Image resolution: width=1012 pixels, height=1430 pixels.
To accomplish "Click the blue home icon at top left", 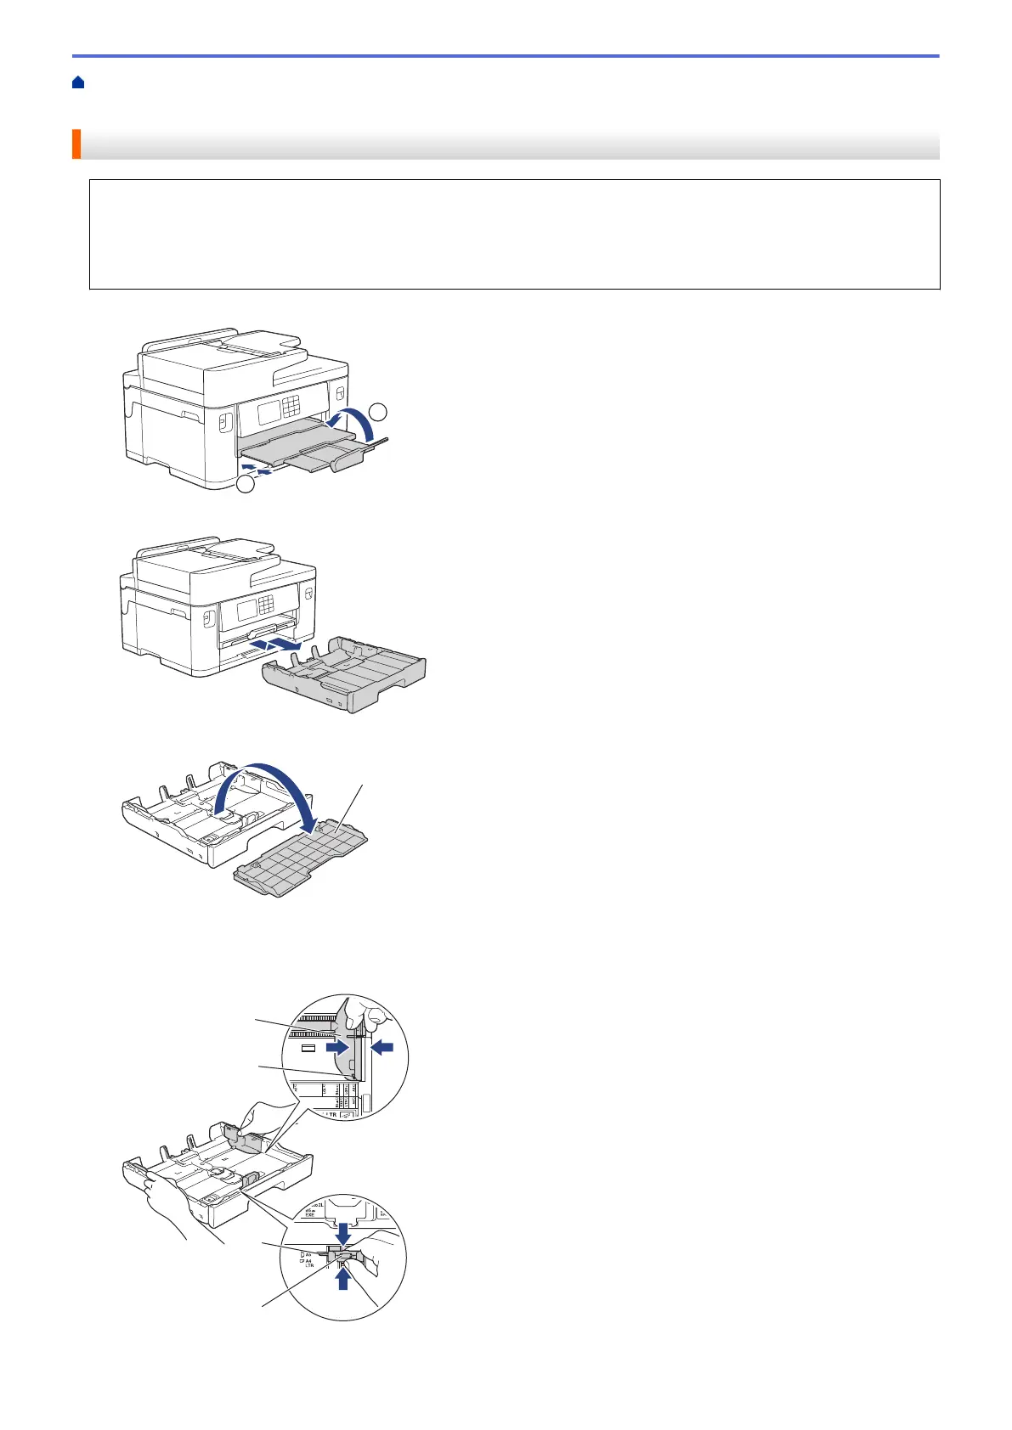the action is pyautogui.click(x=77, y=82).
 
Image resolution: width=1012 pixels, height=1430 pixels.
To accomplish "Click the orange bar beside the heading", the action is pyautogui.click(x=76, y=144).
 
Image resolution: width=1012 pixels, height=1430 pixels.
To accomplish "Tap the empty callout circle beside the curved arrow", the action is pyautogui.click(x=379, y=412).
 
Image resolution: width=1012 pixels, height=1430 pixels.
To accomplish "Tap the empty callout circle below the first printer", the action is pyautogui.click(x=246, y=485).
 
